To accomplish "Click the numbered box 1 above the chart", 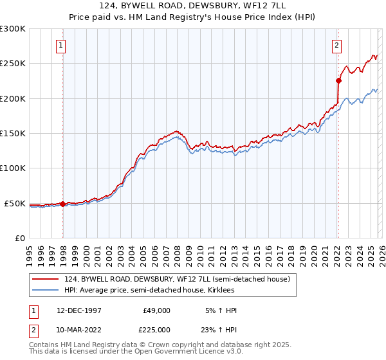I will coord(60,46).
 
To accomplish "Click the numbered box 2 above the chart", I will coord(336,46).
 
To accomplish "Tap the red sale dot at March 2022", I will coord(338,80).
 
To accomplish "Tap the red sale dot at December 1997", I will coord(62,204).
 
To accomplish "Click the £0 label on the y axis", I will coord(19,238).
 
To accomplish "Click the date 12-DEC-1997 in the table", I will coord(78,310).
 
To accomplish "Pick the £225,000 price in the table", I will coord(156,329).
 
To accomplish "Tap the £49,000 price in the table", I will coord(156,310).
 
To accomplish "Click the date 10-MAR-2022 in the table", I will coord(78,329).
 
